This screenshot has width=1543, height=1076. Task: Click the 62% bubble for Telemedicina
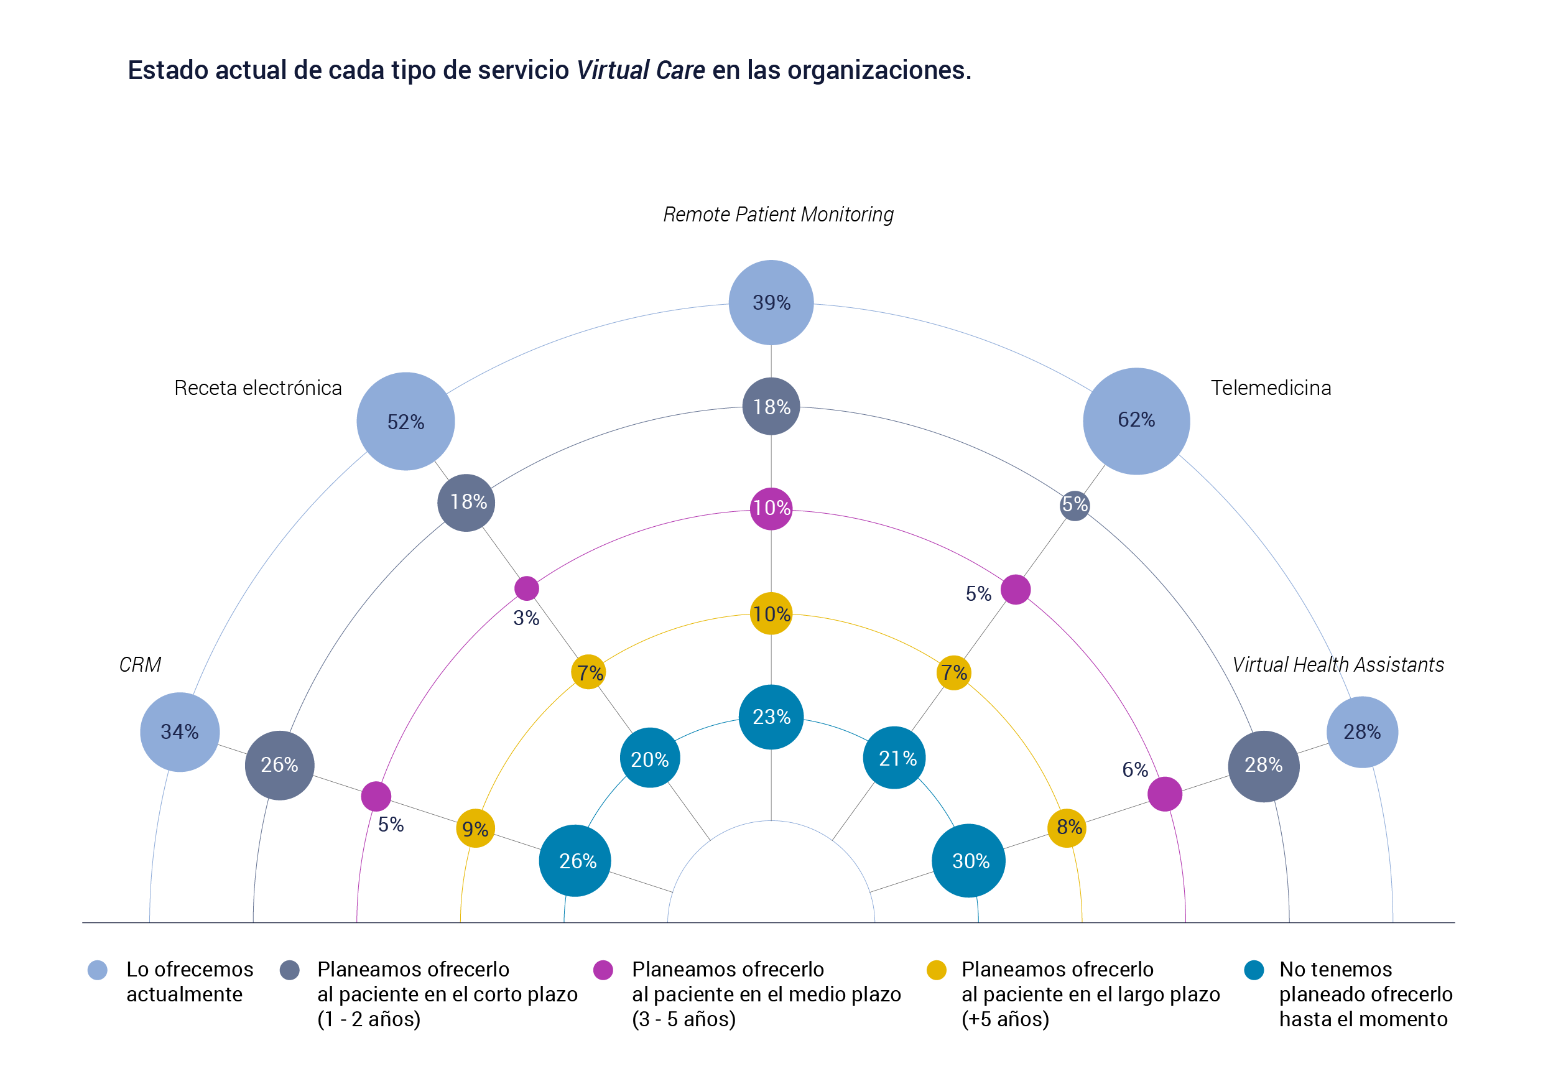click(x=1136, y=422)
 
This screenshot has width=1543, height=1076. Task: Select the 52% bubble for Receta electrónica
click(x=405, y=422)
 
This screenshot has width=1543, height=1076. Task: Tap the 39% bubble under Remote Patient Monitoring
click(x=771, y=302)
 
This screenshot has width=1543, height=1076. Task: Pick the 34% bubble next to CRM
click(x=180, y=732)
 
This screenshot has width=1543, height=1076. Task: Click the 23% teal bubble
click(x=771, y=717)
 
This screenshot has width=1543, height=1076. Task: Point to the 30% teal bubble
click(x=968, y=860)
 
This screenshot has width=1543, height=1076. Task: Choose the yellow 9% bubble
click(x=475, y=828)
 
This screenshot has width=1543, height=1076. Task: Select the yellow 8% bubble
click(x=1067, y=827)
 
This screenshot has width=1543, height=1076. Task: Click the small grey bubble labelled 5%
click(x=1074, y=505)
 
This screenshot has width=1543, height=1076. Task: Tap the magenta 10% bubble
click(x=771, y=508)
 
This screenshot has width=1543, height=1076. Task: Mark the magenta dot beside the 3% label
click(x=526, y=588)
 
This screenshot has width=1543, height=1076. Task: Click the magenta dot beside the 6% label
click(x=1165, y=794)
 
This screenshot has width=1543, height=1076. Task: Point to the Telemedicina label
click(x=1270, y=387)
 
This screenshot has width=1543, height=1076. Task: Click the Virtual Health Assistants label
click(x=1337, y=665)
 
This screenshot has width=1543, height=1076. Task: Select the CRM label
click(x=140, y=665)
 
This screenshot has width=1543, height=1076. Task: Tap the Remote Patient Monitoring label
click(x=778, y=215)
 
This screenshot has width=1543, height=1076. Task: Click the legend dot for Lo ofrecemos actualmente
click(x=98, y=970)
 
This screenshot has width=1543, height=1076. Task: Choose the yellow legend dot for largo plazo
click(x=936, y=970)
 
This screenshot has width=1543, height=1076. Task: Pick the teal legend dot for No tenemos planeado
click(x=1254, y=970)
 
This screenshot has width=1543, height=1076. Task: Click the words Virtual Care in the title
click(x=641, y=70)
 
